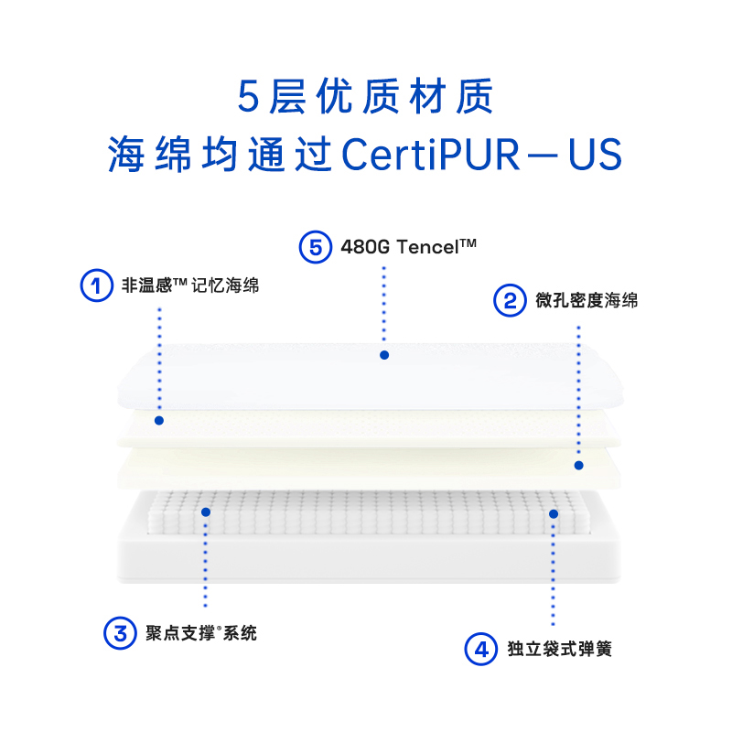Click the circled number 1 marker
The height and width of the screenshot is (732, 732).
click(95, 285)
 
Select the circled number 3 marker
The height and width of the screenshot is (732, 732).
click(119, 632)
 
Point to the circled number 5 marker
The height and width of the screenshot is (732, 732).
click(316, 247)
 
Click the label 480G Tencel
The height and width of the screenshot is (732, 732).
click(408, 247)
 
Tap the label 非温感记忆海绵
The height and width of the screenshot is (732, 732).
click(190, 285)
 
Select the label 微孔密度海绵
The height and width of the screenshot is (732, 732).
click(587, 300)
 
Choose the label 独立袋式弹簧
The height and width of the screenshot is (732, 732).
click(559, 650)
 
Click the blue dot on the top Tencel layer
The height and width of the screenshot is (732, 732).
click(384, 354)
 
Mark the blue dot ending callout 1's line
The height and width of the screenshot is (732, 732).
click(159, 421)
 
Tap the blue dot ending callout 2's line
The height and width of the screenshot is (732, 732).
click(578, 465)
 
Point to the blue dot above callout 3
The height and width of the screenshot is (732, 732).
click(206, 512)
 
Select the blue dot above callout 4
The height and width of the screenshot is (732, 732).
click(554, 514)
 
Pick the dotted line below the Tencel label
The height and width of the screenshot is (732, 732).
click(384, 307)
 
